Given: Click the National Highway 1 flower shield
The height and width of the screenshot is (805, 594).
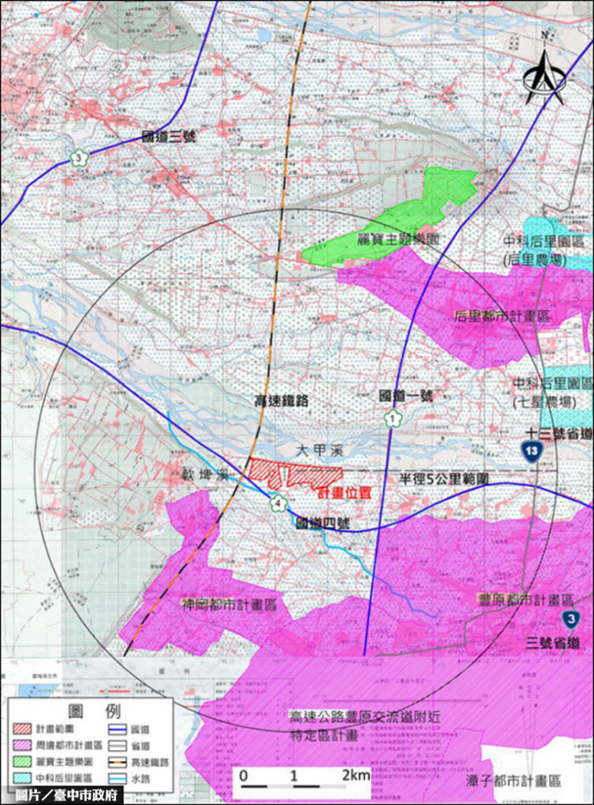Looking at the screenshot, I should point(391,419).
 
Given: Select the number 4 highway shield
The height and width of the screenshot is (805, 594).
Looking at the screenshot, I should point(276,502).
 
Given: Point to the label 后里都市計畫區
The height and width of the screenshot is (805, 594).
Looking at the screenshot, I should point(502,315).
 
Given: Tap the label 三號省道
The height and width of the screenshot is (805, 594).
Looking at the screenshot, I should point(553,643).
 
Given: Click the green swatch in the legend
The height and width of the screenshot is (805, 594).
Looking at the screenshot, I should point(26,761).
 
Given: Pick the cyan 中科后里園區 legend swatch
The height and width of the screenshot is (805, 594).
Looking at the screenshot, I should point(26,777).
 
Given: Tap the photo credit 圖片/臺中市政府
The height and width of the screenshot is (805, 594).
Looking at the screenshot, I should point(66,795).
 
